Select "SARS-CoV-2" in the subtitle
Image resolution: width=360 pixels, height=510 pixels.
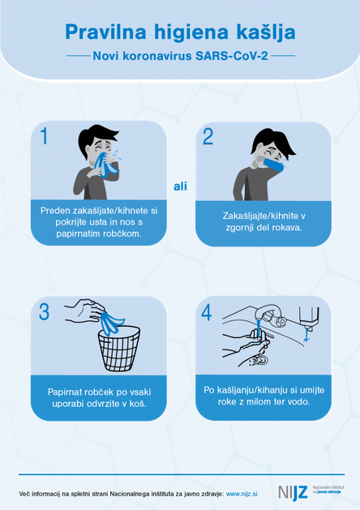pos(232,56)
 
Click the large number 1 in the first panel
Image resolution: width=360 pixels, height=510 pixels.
pos(45,135)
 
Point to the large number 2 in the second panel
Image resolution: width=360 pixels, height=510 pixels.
pos(208,136)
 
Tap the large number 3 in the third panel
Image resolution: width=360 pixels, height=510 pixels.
pos(44,311)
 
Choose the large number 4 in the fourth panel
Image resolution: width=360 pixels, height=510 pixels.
pos(207,313)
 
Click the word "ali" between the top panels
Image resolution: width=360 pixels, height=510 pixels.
pos(180,186)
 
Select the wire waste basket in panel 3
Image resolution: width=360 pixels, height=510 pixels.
pos(119,349)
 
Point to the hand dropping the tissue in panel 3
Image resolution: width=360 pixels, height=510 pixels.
pos(84,311)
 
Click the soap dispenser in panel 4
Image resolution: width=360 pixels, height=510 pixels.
pos(309,318)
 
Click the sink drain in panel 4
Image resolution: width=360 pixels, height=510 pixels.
pos(261,359)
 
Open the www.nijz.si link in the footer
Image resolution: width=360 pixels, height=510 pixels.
pos(242,494)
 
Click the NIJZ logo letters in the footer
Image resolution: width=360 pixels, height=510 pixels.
pos(293,493)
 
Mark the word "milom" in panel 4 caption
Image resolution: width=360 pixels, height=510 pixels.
pos(256,401)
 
